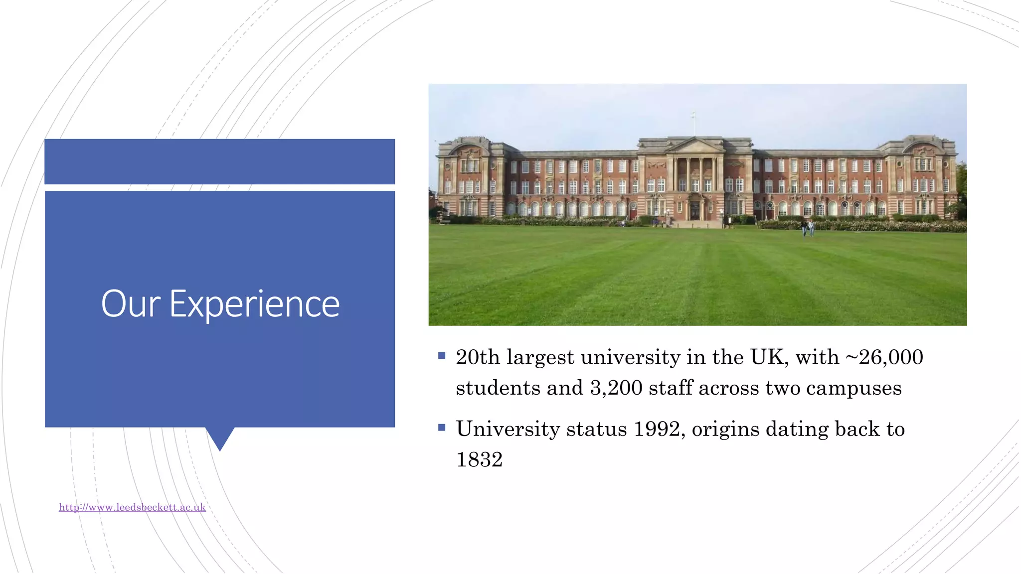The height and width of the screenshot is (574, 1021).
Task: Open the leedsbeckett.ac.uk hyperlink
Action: coord(132,507)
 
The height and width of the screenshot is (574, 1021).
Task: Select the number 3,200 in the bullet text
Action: coord(616,388)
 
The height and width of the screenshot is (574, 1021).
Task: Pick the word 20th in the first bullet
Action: coord(478,357)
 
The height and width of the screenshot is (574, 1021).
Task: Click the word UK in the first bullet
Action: coord(769,357)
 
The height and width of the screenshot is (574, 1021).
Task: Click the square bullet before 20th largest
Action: coord(442,356)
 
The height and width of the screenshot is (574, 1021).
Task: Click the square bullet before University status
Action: coord(442,428)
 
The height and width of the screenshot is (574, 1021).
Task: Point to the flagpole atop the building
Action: coord(693,122)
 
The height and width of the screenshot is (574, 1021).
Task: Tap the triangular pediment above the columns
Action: coord(694,145)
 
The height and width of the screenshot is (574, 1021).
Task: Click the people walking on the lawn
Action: coord(807,228)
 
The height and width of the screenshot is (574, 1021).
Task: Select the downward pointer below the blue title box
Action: coord(220,438)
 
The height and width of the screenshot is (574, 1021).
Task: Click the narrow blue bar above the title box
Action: coord(220,161)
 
